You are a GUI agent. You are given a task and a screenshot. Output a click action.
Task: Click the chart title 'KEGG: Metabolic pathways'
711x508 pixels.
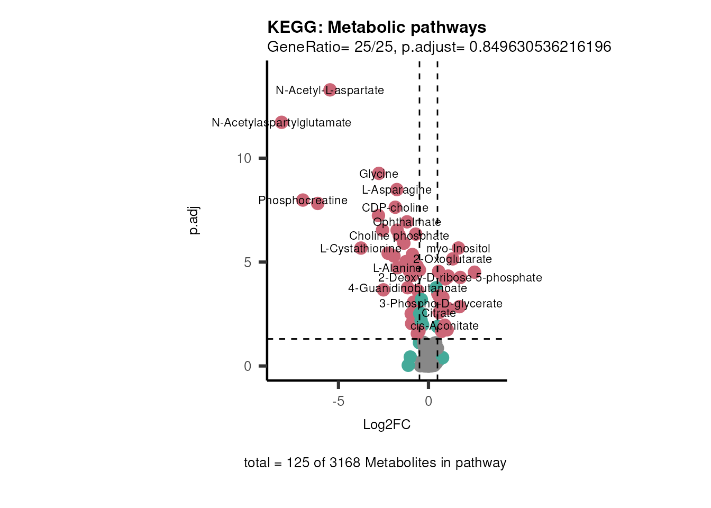(377, 27)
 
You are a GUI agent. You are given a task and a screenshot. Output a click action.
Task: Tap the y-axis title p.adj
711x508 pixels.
(194, 221)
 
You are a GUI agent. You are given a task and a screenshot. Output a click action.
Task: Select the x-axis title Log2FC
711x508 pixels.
(387, 425)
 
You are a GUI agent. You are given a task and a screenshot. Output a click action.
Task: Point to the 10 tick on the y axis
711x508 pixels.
(244, 158)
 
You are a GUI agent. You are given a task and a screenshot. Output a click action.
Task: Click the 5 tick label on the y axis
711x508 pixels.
(248, 262)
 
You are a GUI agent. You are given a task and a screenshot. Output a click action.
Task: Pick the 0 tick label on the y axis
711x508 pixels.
(248, 366)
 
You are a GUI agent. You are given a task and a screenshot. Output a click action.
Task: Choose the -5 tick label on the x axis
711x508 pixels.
(339, 401)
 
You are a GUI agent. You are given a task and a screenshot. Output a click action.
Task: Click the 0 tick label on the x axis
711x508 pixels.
(429, 401)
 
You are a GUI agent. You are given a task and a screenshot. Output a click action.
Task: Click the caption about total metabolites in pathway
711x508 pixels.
(375, 463)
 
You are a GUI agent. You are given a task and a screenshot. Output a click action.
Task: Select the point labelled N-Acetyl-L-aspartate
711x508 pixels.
(330, 90)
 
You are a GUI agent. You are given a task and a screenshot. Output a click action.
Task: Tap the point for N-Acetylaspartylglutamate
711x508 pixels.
(281, 122)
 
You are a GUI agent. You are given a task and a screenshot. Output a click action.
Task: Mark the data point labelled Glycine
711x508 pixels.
(379, 174)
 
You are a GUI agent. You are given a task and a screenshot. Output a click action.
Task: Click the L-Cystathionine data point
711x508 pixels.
(361, 248)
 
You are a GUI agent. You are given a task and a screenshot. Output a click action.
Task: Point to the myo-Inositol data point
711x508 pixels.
(458, 248)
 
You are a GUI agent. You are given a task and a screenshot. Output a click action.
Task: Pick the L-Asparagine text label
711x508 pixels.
(397, 190)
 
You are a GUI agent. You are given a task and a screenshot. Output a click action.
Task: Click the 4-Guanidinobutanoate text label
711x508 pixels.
(407, 288)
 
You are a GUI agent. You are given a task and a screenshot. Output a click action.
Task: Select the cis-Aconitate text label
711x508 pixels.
(444, 326)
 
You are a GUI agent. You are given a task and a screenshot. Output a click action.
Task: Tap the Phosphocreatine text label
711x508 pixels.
(303, 201)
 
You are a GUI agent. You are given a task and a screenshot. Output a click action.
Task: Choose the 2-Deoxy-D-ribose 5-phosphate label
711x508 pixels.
(460, 278)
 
